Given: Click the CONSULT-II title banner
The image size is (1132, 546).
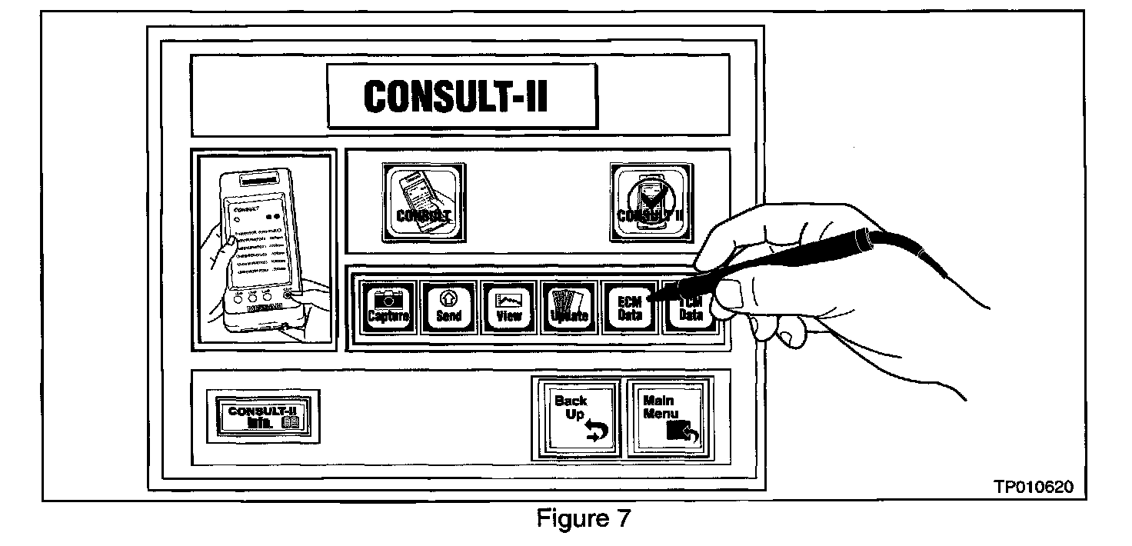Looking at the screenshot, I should pos(461,96).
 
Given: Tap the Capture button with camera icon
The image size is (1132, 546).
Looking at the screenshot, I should pos(389,307).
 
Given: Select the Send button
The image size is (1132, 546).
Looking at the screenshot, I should pos(448,307).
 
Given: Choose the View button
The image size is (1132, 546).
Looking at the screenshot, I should pos(509,307).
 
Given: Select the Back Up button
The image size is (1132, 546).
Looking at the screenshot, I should pos(578,416).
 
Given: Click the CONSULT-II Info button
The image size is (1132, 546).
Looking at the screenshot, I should pos(263,415).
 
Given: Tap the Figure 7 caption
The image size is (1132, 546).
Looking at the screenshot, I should pos(582,519).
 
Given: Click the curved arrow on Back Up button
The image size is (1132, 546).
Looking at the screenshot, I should pos(595,434).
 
